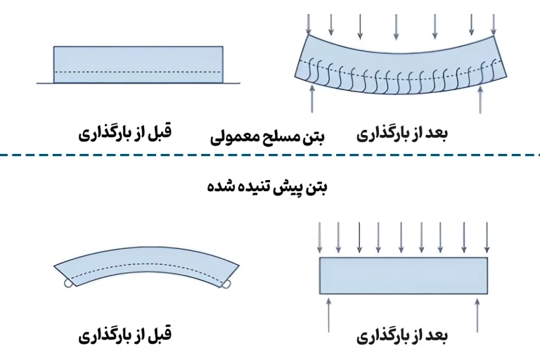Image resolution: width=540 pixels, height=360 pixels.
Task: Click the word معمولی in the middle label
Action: (231, 137)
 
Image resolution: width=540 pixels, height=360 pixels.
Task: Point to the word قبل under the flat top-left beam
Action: (159, 131)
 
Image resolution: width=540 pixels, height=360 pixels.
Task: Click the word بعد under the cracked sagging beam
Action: (436, 133)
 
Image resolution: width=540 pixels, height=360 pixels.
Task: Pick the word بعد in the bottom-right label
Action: (436, 335)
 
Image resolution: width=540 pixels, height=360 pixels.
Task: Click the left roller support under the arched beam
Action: (68, 283)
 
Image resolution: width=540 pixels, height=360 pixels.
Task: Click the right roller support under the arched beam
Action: (226, 284)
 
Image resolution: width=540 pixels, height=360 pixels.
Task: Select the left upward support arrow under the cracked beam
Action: (312, 98)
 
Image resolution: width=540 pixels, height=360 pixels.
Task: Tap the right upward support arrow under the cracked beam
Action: (480, 99)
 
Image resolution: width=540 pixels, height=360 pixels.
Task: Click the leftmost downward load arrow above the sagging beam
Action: (309, 25)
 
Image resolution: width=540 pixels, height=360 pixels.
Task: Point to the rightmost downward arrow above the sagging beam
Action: (494, 25)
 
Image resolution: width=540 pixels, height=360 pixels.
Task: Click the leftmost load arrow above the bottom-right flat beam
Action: (320, 238)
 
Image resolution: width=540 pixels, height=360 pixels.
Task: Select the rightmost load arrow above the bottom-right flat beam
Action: (487, 238)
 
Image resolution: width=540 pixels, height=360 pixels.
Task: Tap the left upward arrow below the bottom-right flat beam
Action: (328, 315)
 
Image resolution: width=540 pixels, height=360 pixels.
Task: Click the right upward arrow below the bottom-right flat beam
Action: (477, 315)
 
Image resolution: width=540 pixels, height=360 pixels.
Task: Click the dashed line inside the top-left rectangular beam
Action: (138, 72)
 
